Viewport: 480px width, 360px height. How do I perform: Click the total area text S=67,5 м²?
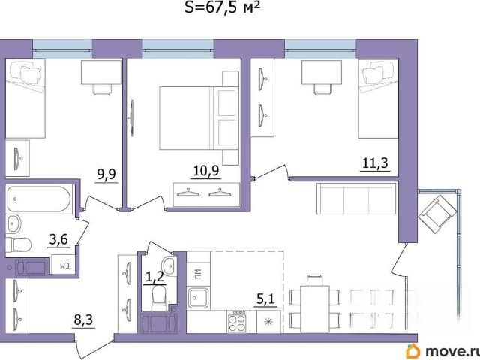click(x=223, y=7)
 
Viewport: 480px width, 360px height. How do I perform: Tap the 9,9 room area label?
click(x=106, y=175)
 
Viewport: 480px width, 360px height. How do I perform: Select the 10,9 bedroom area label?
click(x=206, y=170)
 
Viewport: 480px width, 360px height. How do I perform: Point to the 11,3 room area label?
click(x=375, y=163)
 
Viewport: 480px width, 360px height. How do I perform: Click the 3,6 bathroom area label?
click(x=58, y=239)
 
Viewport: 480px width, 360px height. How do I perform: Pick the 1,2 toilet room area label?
click(x=154, y=277)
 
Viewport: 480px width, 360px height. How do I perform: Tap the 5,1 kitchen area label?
click(x=266, y=298)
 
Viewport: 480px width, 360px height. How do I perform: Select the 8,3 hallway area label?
click(x=83, y=320)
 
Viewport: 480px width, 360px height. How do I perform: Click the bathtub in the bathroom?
click(x=39, y=199)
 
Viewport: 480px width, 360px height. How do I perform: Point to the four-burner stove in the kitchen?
click(x=237, y=321)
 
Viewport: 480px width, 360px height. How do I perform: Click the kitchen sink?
click(x=198, y=298)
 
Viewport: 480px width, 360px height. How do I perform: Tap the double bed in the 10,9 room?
click(x=199, y=118)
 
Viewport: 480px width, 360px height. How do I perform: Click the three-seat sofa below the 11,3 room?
click(x=357, y=198)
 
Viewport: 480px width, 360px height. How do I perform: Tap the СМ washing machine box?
click(x=63, y=264)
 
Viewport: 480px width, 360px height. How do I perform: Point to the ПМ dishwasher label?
click(x=198, y=273)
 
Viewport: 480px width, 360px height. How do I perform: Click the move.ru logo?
click(x=442, y=351)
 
